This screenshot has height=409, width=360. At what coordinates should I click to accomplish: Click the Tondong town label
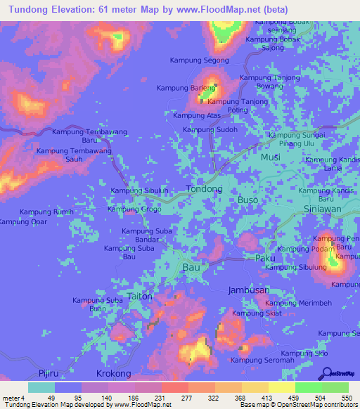coord(204,189)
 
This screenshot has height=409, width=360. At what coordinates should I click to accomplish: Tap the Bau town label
coord(191,268)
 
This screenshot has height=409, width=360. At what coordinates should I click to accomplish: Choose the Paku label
coord(264,259)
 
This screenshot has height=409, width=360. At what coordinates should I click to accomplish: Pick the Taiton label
coord(140,297)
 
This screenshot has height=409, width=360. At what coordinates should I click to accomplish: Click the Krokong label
coord(114,375)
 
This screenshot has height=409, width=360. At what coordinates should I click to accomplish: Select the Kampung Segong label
coord(202,60)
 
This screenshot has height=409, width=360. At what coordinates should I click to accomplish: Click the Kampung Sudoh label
coord(210,129)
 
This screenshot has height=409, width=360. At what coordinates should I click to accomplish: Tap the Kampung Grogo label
coord(134,209)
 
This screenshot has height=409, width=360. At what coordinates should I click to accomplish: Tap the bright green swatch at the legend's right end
coord(335,387)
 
